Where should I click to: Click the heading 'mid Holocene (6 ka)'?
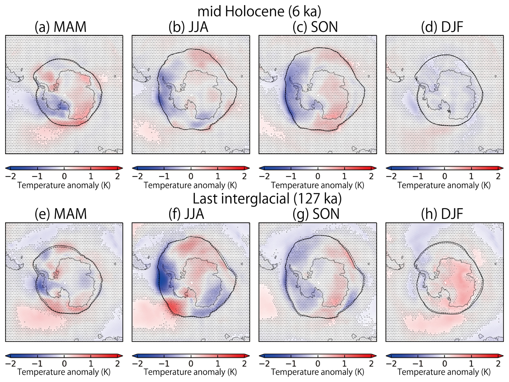coord(259,11)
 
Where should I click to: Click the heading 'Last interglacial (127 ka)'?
coord(267,199)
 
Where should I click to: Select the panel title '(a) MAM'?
coord(61,27)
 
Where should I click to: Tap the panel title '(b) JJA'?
coord(188,27)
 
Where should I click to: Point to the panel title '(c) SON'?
coord(315,27)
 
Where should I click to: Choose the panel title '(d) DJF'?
coord(442,27)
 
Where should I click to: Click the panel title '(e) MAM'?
coord(61,214)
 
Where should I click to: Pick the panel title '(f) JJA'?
coord(186,214)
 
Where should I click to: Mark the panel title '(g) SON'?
coord(316,214)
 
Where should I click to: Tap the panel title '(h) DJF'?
coord(442,214)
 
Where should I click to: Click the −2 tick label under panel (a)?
coord(10,176)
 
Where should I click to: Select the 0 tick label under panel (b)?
coord(191,176)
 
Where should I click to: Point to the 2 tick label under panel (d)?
coord(498,176)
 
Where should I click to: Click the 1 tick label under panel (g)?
coord(344,364)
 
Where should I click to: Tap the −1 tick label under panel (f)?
coord(164,364)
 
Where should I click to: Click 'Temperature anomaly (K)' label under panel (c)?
coord(317,185)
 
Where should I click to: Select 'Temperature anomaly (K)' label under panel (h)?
coord(444,372)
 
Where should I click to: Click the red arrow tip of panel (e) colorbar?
coord(121,356)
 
